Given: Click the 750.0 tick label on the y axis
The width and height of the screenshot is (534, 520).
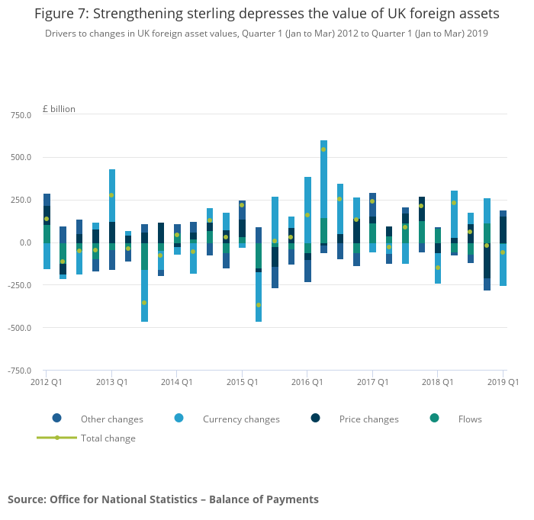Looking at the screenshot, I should click(x=20, y=115).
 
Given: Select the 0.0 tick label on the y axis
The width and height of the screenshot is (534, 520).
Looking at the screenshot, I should click(x=25, y=243).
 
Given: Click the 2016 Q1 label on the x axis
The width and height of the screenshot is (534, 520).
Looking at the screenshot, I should click(x=306, y=381).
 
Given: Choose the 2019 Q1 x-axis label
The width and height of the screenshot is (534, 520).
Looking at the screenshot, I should click(x=503, y=381).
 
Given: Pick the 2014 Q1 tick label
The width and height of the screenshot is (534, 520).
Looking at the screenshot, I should click(x=176, y=381).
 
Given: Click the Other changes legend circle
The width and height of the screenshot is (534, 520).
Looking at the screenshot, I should click(x=56, y=418).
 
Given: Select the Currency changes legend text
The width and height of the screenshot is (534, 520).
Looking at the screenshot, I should click(x=241, y=419).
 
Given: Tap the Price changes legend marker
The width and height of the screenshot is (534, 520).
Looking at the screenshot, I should click(x=316, y=418).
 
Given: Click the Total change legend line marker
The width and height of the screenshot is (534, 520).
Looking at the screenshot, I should click(x=56, y=438).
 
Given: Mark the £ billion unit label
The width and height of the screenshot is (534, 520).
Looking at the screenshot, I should click(x=59, y=109).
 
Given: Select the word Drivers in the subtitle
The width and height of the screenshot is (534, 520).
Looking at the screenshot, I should click(x=61, y=34).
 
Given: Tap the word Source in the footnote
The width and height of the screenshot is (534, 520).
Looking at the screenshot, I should click(x=26, y=499).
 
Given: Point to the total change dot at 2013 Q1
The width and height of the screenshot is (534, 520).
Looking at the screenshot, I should click(x=111, y=195).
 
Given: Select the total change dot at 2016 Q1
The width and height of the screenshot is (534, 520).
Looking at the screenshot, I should click(x=307, y=215).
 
